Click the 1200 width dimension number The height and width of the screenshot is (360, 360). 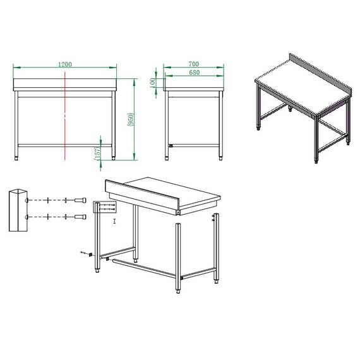pyautogui.click(x=64, y=64)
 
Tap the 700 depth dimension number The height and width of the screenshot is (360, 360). pyautogui.click(x=193, y=64)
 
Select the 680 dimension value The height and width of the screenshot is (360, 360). pyautogui.click(x=193, y=73)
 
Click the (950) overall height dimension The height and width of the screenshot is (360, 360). pyautogui.click(x=129, y=119)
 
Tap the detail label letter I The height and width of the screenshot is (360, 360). pyautogui.click(x=114, y=222)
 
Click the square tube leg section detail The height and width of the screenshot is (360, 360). pyautogui.click(x=18, y=210)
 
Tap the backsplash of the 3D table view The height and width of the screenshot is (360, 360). pyautogui.click(x=319, y=71)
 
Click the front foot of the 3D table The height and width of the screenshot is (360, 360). pyautogui.click(x=316, y=161)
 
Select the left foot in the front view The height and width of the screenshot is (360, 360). pyautogui.click(x=16, y=157)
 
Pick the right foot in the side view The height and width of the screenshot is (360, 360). pyautogui.click(x=220, y=157)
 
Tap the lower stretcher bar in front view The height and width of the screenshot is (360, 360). pyautogui.click(x=65, y=145)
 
